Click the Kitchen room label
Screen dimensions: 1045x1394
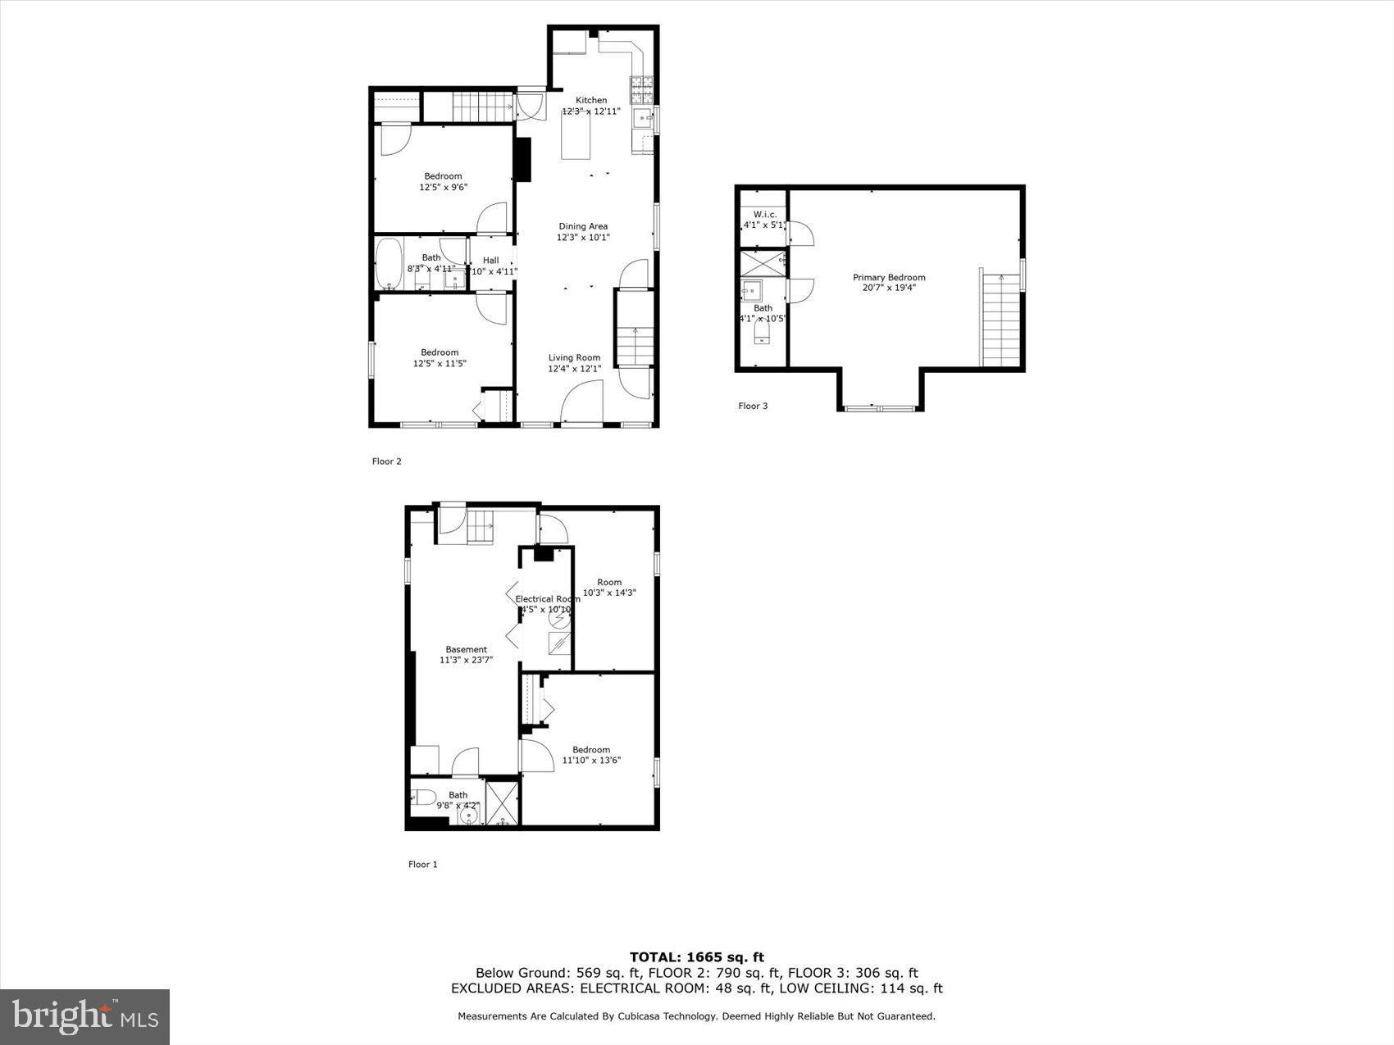pos(590,100)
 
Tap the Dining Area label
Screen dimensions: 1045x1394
pos(583,226)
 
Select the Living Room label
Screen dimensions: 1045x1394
pos(574,357)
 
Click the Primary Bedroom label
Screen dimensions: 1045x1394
pos(889,277)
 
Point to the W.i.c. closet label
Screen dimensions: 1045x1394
pos(764,214)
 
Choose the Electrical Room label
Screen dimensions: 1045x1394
pos(547,599)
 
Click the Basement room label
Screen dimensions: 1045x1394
pos(466,649)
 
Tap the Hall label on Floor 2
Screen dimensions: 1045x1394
pos(490,261)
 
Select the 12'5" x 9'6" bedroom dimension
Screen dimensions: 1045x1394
pos(443,187)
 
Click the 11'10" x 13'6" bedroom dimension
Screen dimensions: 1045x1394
pos(591,760)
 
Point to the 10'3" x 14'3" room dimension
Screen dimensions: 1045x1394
pos(609,593)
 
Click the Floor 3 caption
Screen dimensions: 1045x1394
pos(753,406)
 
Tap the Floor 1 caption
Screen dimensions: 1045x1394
pos(423,864)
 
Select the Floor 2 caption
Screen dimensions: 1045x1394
pos(386,461)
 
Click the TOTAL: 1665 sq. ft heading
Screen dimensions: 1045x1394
pos(696,956)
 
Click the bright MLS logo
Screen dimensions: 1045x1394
pos(85,1017)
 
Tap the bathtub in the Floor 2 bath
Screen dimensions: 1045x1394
pos(389,263)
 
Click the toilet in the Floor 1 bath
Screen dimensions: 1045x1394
pos(424,796)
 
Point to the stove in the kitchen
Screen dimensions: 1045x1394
pos(641,84)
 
